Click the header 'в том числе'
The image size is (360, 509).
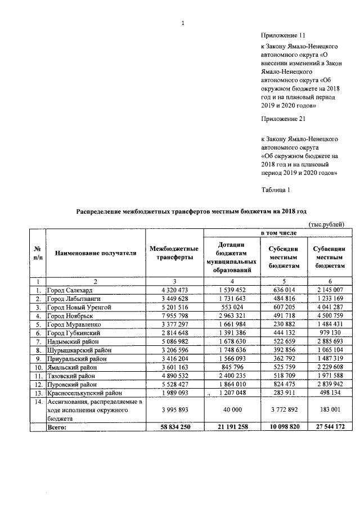point(277,232)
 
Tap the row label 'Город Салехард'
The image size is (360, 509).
point(70,290)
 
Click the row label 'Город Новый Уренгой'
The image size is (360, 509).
point(79,307)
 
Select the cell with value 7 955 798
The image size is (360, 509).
point(174,316)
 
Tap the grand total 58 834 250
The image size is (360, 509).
point(174,427)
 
